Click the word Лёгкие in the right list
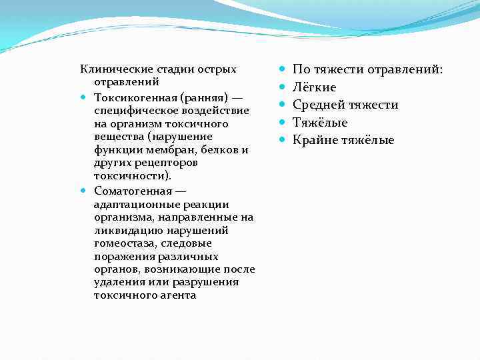tap(315, 87)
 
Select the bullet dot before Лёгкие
tap(283, 87)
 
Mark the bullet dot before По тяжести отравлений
tap(283, 69)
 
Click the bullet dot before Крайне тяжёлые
tap(283, 140)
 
